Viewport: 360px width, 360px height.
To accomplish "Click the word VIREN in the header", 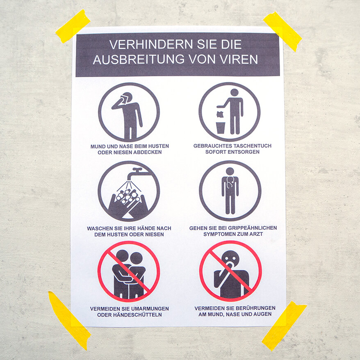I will pos(240,59).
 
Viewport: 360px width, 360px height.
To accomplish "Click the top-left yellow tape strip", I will pos(73,26).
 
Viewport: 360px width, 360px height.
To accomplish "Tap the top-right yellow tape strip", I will pos(283,31).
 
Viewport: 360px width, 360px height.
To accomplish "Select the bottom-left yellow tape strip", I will pos(68,320).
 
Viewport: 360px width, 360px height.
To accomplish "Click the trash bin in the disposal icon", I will pos(221,128).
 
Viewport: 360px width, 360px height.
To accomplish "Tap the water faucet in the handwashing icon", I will pos(135,173).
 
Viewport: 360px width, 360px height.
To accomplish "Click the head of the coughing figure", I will pos(127,98).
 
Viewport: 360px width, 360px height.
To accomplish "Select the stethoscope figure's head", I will pos(230,171).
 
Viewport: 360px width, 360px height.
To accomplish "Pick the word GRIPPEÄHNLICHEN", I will pos(251,228).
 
